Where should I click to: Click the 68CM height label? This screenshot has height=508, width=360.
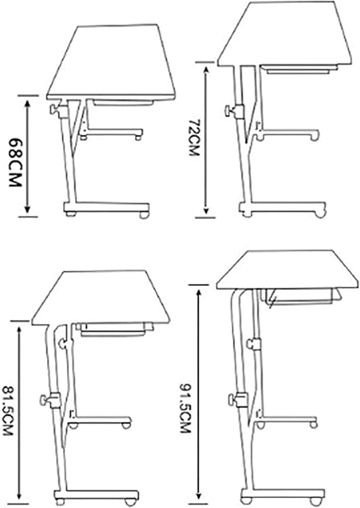coord(15,162)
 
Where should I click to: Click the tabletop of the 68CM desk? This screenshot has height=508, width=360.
coord(110,64)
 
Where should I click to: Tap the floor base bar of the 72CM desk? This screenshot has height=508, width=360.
coord(283,207)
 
